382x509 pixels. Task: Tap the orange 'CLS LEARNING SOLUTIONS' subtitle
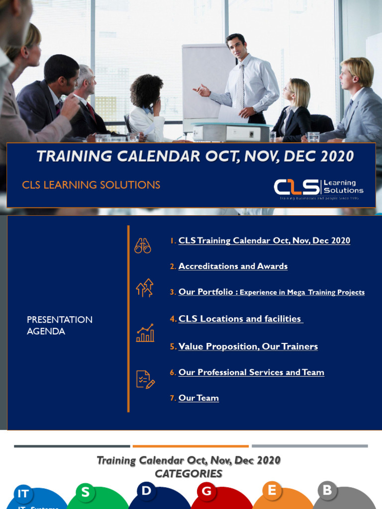pos(91,185)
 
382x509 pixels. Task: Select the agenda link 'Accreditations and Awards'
pos(233,266)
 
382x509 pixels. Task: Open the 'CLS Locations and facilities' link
pos(240,319)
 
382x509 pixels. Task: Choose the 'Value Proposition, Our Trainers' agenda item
pos(248,346)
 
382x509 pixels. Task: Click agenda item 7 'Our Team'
pos(198,398)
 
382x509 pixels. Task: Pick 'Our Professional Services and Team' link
pos(251,372)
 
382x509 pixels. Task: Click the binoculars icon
pos(143,246)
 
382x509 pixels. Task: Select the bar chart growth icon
pos(145,333)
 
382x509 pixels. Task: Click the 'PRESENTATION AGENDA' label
pos(59,326)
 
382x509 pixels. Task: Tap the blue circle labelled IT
pos(23,494)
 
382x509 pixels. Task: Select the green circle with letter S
pos(86,493)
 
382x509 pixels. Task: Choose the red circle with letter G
pos(207,492)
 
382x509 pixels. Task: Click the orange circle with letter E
pos(272,491)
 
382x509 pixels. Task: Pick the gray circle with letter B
pos(327,491)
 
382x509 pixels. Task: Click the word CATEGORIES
pos(189,474)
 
